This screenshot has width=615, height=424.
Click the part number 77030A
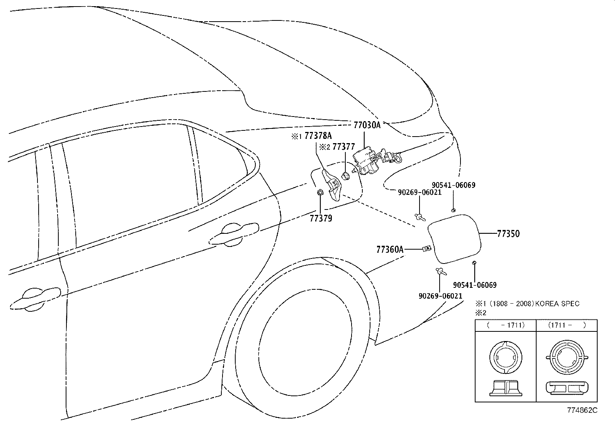367,125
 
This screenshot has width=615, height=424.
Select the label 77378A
318,136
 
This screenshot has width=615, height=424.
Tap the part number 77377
343,147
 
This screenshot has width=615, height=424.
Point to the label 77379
321,218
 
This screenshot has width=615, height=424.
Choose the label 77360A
390,250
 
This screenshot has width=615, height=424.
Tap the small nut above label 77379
320,193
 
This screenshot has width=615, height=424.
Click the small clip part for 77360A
426,249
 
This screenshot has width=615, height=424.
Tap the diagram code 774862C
582,410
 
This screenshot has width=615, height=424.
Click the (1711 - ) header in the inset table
567,325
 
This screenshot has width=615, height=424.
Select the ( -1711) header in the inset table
506,325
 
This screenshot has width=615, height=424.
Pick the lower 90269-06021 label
440,296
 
